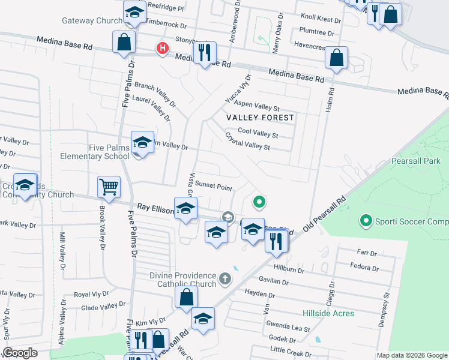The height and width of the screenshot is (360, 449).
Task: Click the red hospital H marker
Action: pyautogui.click(x=161, y=49)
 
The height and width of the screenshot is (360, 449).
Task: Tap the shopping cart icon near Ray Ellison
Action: pyautogui.click(x=109, y=187)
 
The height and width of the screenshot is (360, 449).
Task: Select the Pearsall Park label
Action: pyautogui.click(x=415, y=161)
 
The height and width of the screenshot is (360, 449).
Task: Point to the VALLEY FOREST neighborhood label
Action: pyautogui.click(x=260, y=118)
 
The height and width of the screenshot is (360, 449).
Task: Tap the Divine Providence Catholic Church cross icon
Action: pyautogui.click(x=225, y=278)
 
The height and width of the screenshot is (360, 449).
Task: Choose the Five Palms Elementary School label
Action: pyautogui.click(x=94, y=152)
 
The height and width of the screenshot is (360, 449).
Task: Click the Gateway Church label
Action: pyautogui.click(x=92, y=20)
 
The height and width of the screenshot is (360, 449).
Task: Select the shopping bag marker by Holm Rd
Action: pyautogui.click(x=336, y=58)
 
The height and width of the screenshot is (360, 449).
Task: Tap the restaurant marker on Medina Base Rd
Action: pyautogui.click(x=204, y=53)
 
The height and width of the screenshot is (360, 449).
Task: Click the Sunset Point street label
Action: pyautogui.click(x=213, y=187)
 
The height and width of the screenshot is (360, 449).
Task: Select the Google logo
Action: pyautogui.click(x=20, y=353)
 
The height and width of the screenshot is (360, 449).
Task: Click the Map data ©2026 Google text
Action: pyautogui.click(x=411, y=355)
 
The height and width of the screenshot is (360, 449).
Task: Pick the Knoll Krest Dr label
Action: pyautogui.click(x=321, y=19)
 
